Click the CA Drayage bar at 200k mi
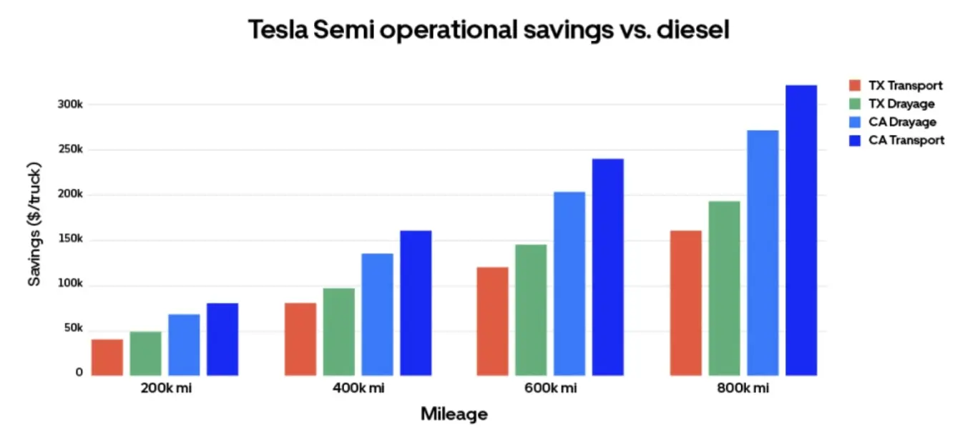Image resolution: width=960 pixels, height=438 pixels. [x=184, y=344]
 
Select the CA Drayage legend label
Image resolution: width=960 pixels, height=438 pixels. [x=902, y=122]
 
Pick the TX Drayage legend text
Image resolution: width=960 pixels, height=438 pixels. [x=901, y=104]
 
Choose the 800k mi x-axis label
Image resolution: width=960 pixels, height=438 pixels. [x=743, y=389]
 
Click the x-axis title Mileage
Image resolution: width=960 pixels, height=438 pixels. [x=454, y=414]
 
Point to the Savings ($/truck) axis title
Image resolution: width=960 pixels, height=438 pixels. [x=34, y=225]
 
